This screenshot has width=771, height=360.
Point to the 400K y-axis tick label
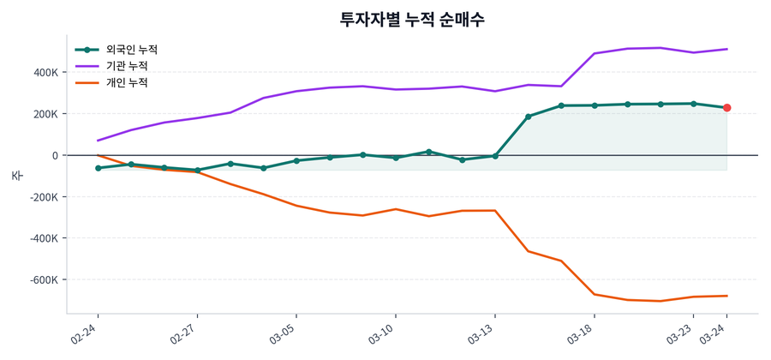click(44, 73)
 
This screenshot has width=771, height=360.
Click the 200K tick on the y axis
click(44, 114)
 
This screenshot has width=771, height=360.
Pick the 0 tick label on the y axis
click(54, 155)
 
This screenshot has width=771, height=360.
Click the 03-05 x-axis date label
click(284, 333)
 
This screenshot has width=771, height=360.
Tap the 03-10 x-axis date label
click(383, 333)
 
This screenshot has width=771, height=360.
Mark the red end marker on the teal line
click(726, 108)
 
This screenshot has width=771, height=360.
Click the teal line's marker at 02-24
click(98, 168)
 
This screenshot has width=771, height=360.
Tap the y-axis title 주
click(16, 175)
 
